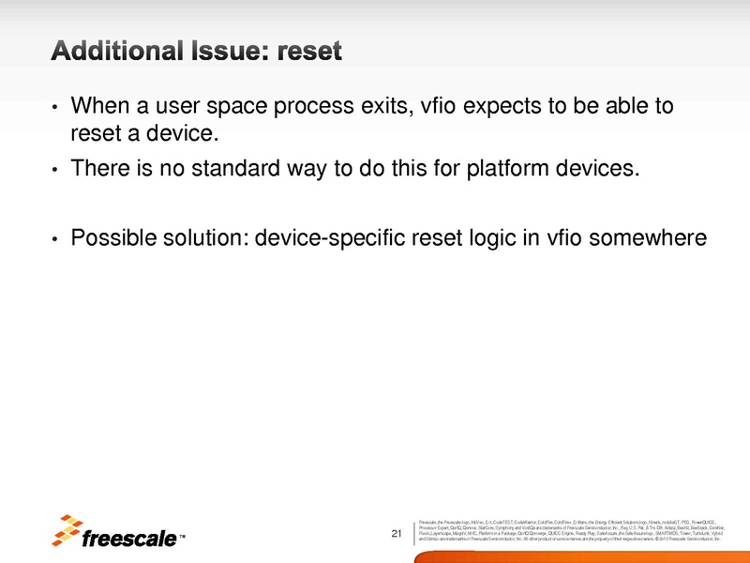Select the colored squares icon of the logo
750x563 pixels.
point(68,529)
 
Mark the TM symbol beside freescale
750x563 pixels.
point(182,539)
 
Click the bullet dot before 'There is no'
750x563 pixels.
point(55,171)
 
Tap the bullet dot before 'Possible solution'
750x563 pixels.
point(55,239)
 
